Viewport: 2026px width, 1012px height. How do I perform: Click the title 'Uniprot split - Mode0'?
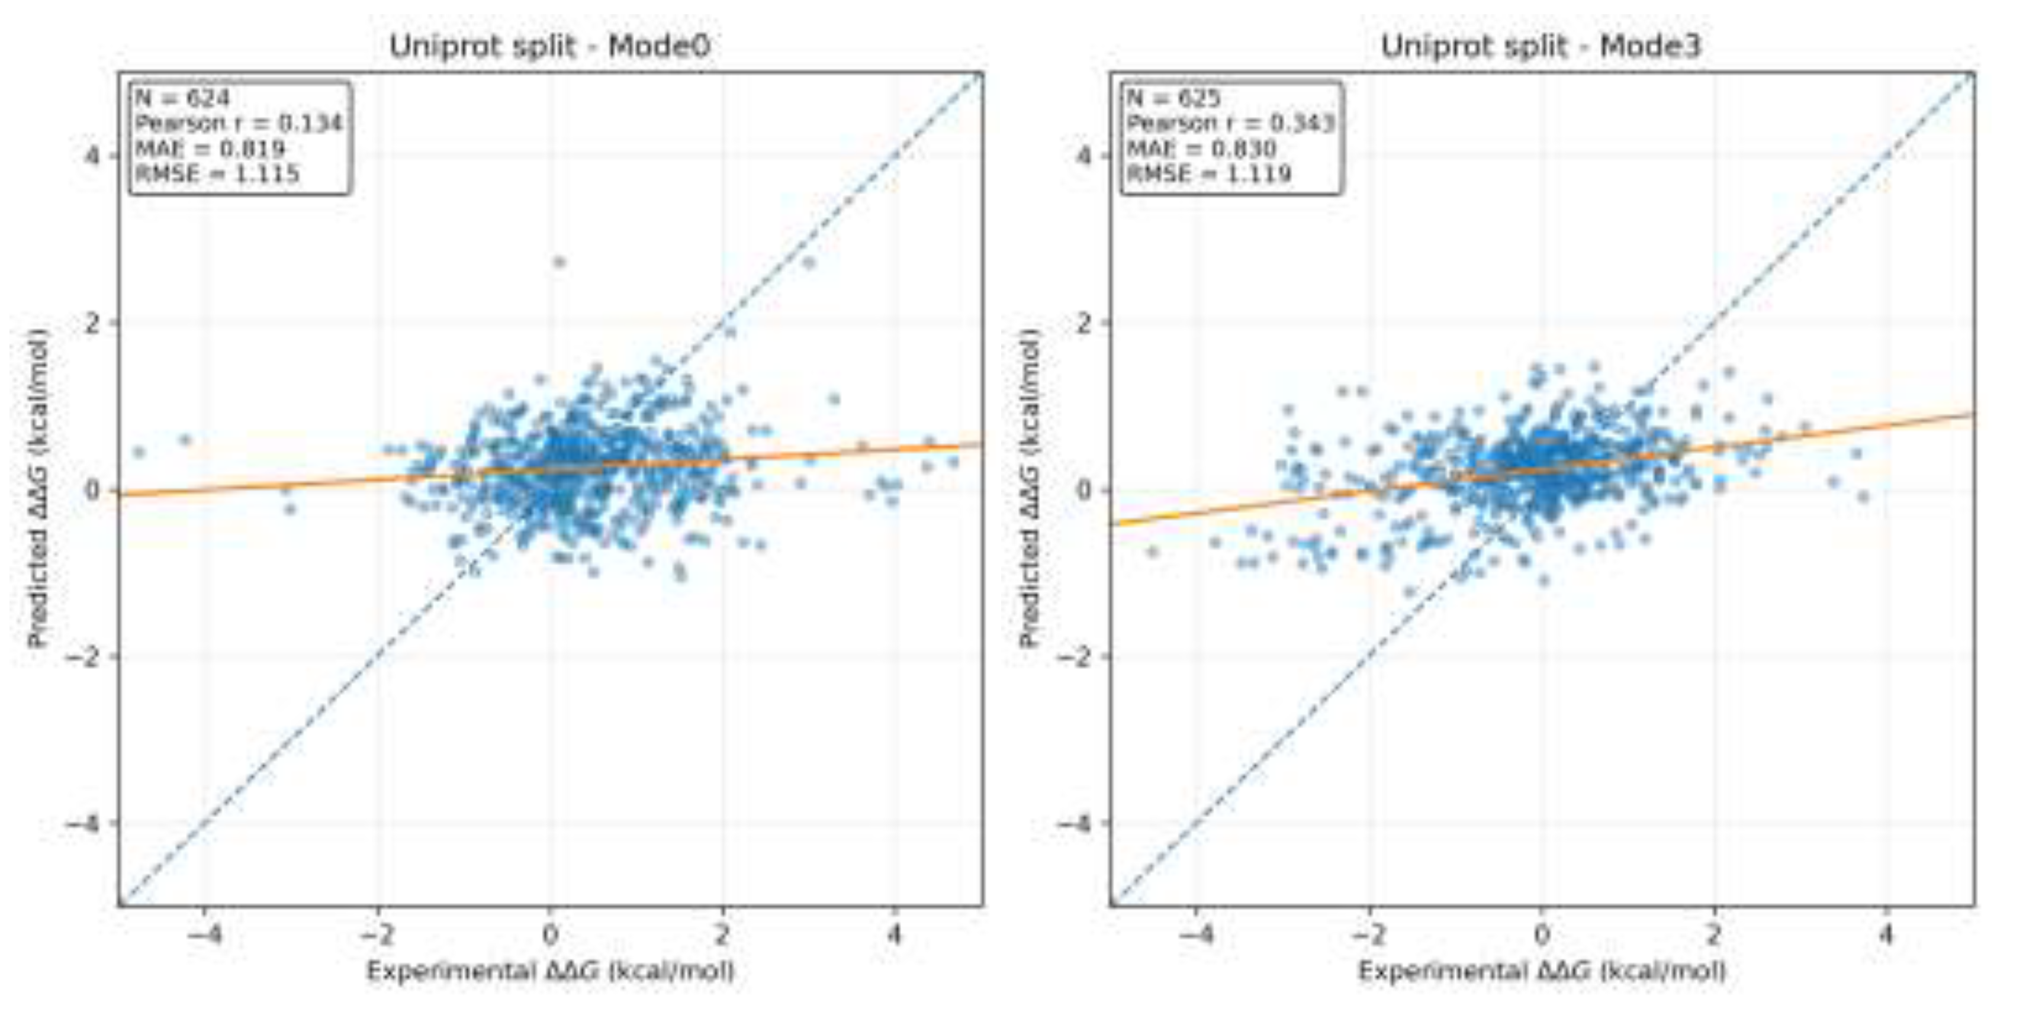coord(550,46)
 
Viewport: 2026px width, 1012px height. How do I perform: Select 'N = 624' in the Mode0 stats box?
coord(182,98)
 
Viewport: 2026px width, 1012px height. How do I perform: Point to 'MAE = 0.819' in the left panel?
coord(210,149)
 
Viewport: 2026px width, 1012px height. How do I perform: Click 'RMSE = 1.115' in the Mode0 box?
coord(217,174)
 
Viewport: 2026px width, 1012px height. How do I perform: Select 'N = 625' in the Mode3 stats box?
coord(1173,98)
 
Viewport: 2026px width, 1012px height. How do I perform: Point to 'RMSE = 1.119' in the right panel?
coord(1209,174)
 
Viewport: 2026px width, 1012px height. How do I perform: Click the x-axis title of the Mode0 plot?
coord(550,971)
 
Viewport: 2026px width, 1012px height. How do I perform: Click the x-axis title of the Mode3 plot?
coord(1542,971)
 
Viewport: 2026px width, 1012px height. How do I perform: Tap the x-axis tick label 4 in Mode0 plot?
coord(894,935)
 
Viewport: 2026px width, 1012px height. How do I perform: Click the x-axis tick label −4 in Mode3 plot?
coord(1195,935)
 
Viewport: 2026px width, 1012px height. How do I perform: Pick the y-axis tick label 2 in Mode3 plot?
coord(1085,323)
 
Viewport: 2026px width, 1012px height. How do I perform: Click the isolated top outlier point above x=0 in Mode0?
coord(559,262)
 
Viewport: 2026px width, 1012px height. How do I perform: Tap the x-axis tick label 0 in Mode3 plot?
coord(1542,935)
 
